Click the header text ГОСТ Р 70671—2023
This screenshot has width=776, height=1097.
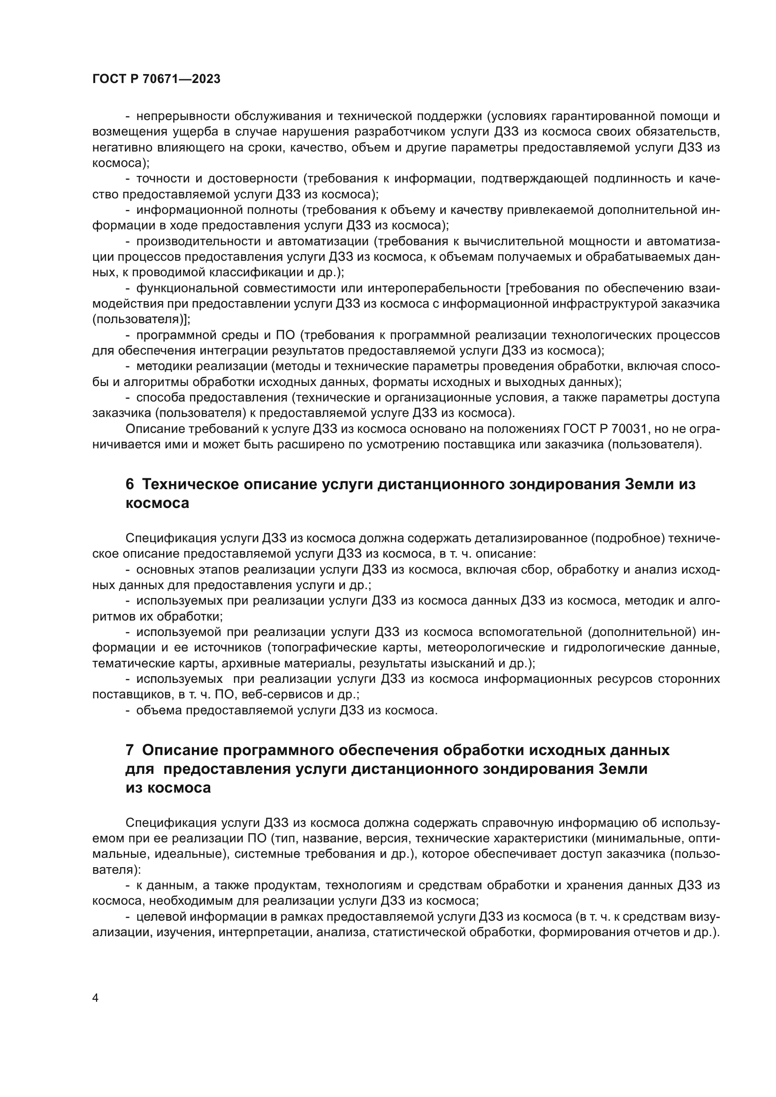156,79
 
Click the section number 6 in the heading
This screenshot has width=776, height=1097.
129,484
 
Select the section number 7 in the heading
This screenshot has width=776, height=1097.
129,750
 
